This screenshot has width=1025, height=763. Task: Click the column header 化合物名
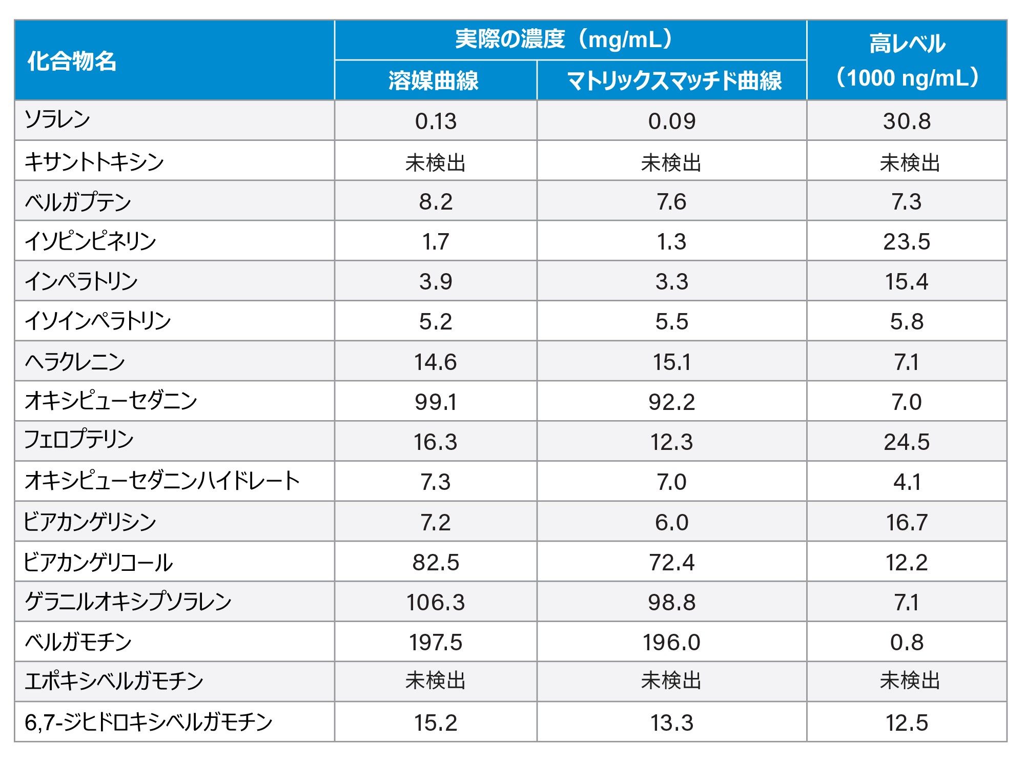pos(72,61)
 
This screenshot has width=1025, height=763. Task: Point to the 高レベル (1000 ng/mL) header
pos(907,60)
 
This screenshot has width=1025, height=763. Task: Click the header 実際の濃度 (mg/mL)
pos(564,39)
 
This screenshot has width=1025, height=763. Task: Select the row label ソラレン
pos(57,120)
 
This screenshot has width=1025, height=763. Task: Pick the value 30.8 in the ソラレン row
pos(907,121)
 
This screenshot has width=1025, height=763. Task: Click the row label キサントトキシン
pos(94,161)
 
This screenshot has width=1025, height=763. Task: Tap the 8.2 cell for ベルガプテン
pos(436,202)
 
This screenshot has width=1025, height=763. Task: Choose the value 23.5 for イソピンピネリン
pos(907,242)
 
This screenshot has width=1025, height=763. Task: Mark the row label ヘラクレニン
pos(75,362)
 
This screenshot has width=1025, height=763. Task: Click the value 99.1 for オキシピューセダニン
pos(436,402)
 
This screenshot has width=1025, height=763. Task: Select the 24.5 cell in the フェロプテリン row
pos(907,442)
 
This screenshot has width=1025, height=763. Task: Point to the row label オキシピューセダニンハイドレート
pos(162,481)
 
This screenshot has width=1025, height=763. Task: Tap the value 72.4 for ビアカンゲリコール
pos(671,563)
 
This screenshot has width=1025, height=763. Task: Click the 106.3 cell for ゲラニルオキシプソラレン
pos(436,603)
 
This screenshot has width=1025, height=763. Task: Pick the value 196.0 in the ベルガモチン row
pos(671,643)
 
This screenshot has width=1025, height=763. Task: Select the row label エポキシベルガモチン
pos(114,682)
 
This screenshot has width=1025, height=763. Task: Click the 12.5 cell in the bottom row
pos(907,723)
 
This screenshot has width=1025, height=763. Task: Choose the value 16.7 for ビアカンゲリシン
pos(907,523)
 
